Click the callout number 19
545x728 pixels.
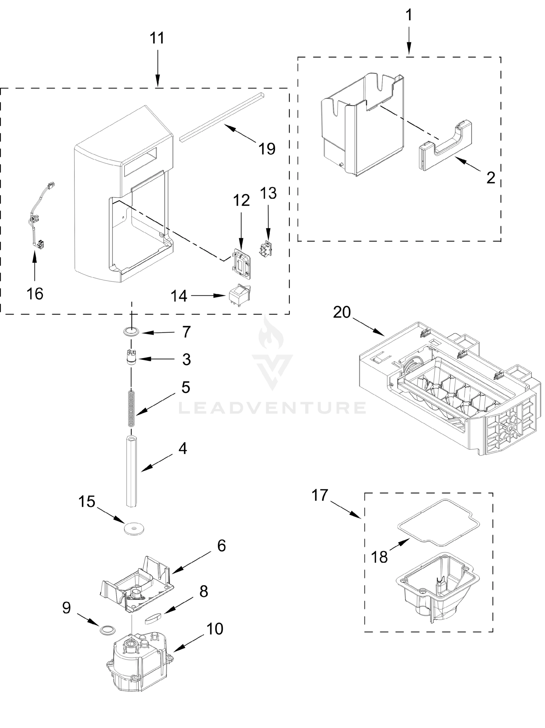(267, 149)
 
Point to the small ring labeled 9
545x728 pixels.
(108, 630)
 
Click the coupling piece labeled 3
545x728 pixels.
(131, 357)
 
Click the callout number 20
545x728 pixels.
(342, 312)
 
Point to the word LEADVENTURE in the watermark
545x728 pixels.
(272, 407)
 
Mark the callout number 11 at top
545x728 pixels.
(157, 38)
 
